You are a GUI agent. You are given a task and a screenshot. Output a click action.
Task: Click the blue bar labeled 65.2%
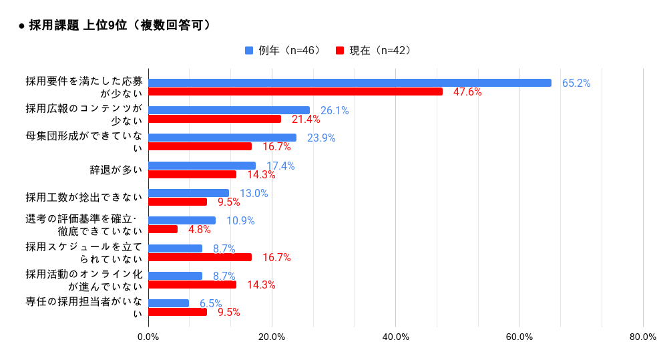tap(349, 83)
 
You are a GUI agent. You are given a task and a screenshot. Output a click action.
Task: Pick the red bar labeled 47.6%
tap(295, 92)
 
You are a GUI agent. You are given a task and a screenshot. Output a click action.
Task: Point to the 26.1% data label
tap(335, 111)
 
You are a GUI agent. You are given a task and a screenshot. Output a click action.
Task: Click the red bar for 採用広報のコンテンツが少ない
tap(214, 119)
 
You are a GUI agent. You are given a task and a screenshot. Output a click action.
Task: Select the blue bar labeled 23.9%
tap(222, 138)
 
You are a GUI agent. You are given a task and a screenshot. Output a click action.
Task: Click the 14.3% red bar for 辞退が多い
tap(192, 174)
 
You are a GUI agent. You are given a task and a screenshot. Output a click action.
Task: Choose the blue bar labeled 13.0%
tap(188, 193)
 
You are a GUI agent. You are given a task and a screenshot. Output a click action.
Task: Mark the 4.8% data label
tap(199, 230)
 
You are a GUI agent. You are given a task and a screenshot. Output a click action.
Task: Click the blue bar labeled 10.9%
tap(182, 220)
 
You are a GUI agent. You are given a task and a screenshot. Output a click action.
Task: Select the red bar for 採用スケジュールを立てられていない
tap(200, 257)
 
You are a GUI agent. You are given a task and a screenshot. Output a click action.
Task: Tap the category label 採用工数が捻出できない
tap(84, 197)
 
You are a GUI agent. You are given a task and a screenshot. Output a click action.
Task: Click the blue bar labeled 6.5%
tap(168, 303)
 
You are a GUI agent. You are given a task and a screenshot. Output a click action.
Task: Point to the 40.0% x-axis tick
tap(395, 337)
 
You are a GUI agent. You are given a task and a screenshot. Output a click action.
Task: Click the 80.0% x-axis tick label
tap(642, 337)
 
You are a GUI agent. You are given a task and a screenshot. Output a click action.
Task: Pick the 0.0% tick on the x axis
tap(148, 337)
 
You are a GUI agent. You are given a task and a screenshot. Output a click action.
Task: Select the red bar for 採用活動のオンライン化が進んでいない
tap(192, 285)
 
